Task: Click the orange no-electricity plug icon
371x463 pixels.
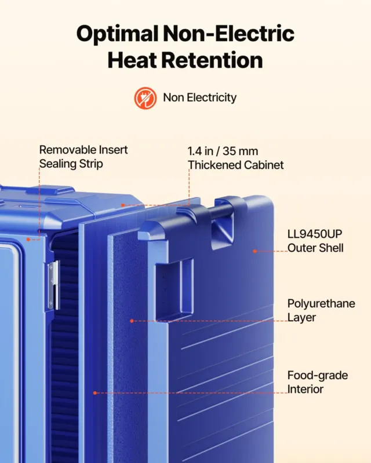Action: [146, 98]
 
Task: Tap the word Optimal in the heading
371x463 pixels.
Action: [117, 34]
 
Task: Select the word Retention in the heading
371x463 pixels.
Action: [212, 60]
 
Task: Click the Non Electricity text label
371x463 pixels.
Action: [199, 97]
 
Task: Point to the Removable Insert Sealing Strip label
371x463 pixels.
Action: [83, 157]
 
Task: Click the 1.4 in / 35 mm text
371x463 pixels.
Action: [223, 151]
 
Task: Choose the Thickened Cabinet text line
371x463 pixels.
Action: [236, 165]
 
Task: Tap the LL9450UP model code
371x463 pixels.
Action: [315, 234]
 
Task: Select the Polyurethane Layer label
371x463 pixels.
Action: [321, 310]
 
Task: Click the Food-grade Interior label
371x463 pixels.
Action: [318, 382]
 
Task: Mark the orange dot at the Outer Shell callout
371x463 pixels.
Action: [254, 251]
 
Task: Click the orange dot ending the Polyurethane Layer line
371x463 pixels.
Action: [132, 321]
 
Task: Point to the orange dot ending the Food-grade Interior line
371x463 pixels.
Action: [95, 393]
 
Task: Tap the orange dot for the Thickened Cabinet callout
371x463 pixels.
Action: [123, 205]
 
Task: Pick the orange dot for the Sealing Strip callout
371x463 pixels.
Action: [28, 240]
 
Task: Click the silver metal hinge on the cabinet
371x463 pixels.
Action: [53, 285]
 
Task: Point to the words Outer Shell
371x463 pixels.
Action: [315, 248]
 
